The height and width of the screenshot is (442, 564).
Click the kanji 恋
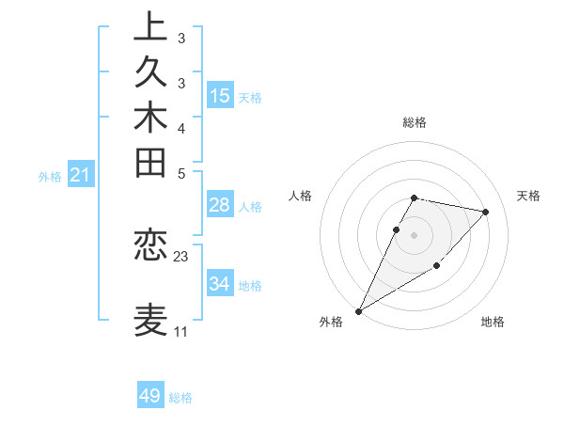coord(151,246)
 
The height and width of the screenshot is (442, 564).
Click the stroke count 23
coord(181,256)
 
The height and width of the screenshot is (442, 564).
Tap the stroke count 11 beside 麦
coord(181,332)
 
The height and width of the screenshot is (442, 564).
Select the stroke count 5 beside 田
coord(181,173)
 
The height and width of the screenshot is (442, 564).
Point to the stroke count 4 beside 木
coord(181,128)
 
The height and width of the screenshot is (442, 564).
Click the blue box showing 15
coord(220,95)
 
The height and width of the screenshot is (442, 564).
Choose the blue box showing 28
coord(220,205)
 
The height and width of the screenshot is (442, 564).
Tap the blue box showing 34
coord(220,283)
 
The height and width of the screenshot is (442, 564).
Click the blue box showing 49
coord(150,396)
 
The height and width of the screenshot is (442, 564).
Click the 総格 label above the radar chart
coord(415,122)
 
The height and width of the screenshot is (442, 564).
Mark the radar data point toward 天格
coord(485,212)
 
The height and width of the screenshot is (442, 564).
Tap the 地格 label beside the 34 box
coord(251,285)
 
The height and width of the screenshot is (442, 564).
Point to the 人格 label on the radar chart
coord(301,196)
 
